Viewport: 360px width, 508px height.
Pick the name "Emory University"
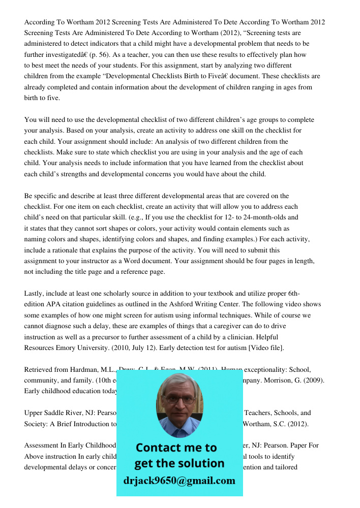click(81, 348)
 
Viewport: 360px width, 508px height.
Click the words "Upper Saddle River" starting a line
click(53, 413)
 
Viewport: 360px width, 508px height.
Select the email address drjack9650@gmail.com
click(179, 481)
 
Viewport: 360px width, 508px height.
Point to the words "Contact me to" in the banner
click(176, 448)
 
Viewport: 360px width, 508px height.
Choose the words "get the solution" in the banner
click(179, 463)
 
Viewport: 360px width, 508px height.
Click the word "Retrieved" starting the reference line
click(39, 369)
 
